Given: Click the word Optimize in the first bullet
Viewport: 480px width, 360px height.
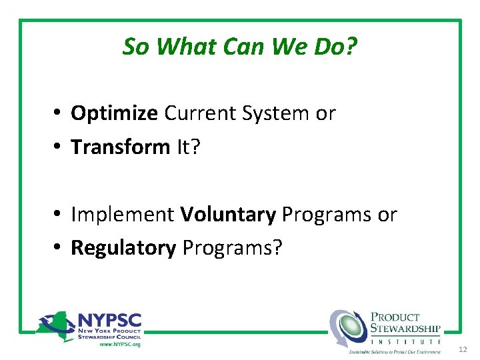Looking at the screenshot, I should [114, 114].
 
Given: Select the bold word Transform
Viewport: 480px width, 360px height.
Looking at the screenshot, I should [120, 147].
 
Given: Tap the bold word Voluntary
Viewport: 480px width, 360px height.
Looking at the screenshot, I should [228, 215].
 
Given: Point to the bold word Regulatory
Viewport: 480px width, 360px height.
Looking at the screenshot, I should [123, 248].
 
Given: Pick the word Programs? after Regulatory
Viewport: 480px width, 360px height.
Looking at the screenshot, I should [233, 248].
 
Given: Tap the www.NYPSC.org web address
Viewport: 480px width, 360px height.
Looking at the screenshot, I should [120, 344].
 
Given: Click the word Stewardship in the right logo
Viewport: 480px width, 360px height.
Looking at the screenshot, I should [405, 328].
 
